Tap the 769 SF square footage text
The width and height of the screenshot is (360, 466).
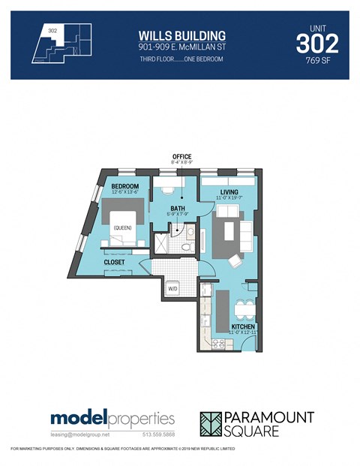[x=319, y=63]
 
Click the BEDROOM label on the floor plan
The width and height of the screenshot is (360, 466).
[x=125, y=186]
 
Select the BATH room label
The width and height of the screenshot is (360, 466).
[x=178, y=209]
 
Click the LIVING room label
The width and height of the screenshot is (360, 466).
[x=229, y=193]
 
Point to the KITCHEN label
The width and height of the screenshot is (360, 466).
[x=243, y=327]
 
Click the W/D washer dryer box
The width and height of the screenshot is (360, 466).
[x=172, y=289]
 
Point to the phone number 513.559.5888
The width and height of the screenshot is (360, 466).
[x=158, y=434]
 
